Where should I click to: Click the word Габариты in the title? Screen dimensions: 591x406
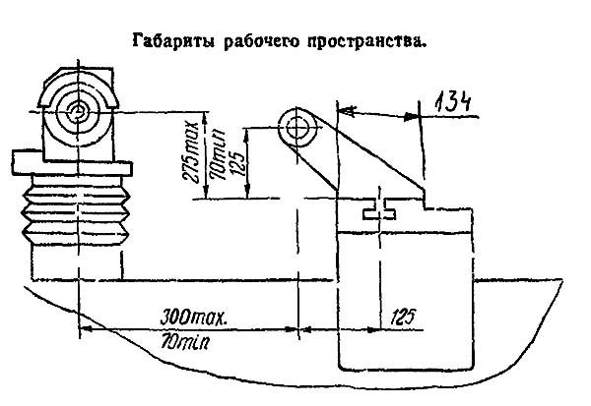(173, 40)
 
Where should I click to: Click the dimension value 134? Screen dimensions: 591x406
(453, 102)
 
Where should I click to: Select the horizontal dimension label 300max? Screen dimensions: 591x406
(194, 318)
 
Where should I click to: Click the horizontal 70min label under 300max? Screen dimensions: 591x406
(185, 342)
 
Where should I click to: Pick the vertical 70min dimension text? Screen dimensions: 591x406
(220, 154)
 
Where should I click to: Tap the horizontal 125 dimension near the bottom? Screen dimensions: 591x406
(404, 318)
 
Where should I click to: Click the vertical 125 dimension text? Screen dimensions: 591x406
(236, 162)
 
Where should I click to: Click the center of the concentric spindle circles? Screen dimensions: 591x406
(79, 111)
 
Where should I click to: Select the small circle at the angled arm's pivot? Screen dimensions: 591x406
(297, 129)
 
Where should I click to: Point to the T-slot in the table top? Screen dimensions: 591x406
(379, 208)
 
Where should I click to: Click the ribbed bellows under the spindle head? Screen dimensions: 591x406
(77, 215)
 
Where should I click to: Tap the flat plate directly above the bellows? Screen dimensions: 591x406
(72, 168)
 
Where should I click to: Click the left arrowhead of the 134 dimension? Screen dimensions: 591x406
(346, 110)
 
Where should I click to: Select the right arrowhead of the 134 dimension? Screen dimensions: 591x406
(411, 117)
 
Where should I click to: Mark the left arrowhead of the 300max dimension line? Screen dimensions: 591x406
(86, 328)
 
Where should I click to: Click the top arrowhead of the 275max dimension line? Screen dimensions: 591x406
(205, 117)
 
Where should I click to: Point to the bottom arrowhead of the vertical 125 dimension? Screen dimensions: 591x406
(246, 192)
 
